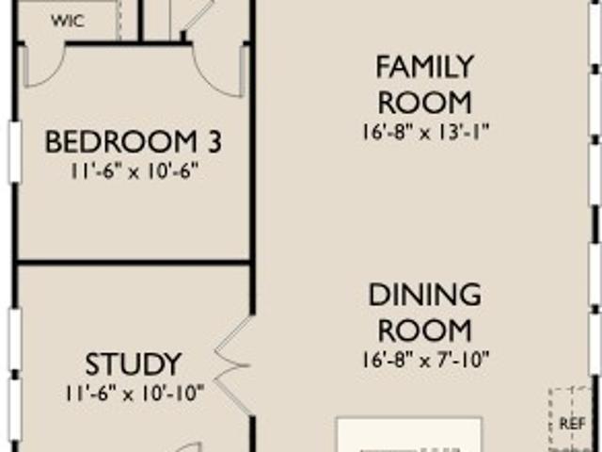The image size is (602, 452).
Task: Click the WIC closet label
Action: click(x=68, y=21)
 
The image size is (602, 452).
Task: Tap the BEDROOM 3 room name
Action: click(x=134, y=142)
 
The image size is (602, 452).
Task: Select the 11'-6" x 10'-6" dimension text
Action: click(x=134, y=170)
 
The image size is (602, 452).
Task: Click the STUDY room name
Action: click(x=133, y=364)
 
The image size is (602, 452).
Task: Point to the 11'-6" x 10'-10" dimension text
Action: click(x=135, y=394)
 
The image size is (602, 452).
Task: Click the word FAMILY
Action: click(x=424, y=67)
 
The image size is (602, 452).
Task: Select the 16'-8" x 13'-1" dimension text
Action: click(x=425, y=133)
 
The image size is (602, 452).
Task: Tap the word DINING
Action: click(x=424, y=295)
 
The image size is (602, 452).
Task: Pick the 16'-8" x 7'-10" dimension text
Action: click(x=425, y=361)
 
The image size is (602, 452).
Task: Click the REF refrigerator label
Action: click(x=573, y=424)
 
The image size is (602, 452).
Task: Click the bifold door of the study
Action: click(x=233, y=365)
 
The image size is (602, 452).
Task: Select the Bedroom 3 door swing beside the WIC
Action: click(x=44, y=65)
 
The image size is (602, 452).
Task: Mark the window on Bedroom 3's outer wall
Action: click(x=15, y=152)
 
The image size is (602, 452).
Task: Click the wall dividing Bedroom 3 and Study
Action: click(x=133, y=263)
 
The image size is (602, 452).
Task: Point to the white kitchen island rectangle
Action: click(x=409, y=435)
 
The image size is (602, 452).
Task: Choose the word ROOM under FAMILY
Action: click(x=424, y=103)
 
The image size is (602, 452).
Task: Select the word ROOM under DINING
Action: click(x=424, y=331)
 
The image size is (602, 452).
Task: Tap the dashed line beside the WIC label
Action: click(x=119, y=19)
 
